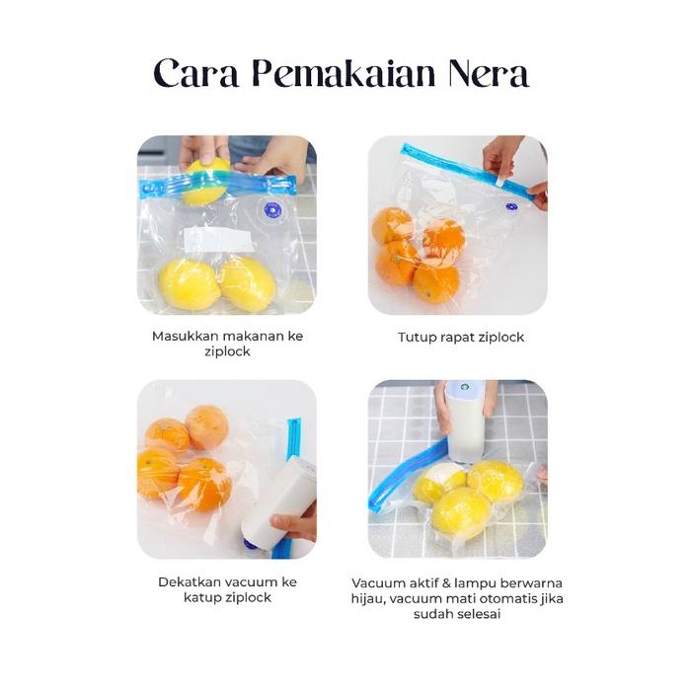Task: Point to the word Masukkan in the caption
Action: pyautogui.click(x=185, y=337)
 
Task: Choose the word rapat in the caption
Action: pyautogui.click(x=459, y=338)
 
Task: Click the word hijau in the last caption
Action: pyautogui.click(x=371, y=598)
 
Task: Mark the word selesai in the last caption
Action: pyautogui.click(x=478, y=614)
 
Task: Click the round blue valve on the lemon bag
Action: pyautogui.click(x=271, y=210)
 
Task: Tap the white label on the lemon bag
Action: pyautogui.click(x=218, y=240)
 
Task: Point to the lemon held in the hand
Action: pyautogui.click(x=206, y=183)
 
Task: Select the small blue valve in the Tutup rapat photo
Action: pyautogui.click(x=511, y=206)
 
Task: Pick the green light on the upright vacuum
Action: pyautogui.click(x=464, y=388)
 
